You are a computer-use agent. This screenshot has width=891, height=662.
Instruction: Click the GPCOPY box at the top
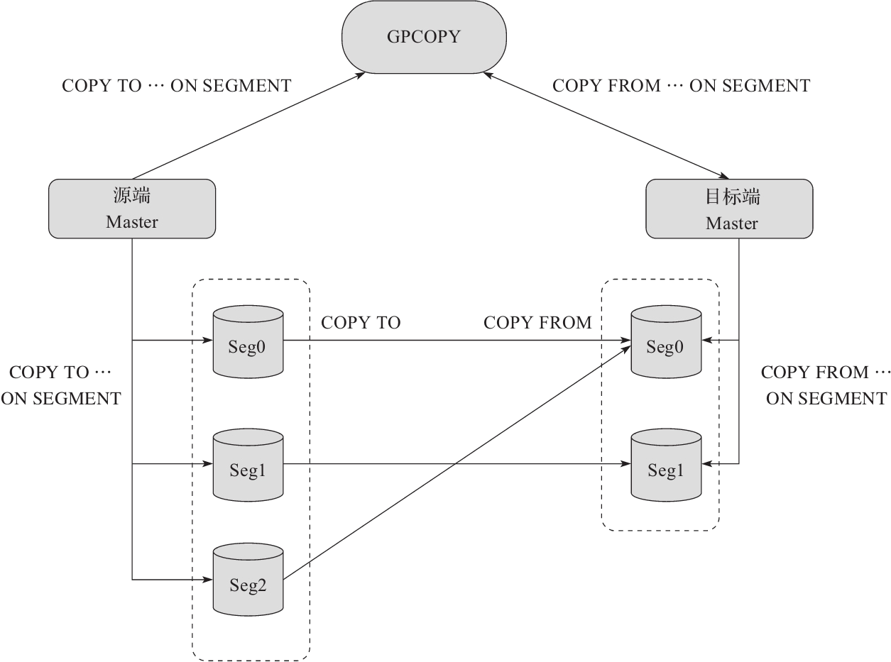[424, 37]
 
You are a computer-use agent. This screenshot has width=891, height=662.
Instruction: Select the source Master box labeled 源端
[132, 209]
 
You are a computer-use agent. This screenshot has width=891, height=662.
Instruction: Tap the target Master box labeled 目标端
[729, 209]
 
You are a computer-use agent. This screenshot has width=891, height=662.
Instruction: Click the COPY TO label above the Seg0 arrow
[361, 323]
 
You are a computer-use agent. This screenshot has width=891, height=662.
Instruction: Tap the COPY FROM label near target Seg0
[537, 323]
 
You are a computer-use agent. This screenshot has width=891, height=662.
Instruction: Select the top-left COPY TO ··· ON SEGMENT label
[177, 86]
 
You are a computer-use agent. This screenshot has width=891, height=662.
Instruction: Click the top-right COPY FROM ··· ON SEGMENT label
[681, 86]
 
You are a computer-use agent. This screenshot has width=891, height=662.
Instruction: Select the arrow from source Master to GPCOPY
[248, 124]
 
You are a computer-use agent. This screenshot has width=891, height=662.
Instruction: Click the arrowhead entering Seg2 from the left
[209, 580]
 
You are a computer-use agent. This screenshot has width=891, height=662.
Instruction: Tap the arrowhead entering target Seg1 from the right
[707, 464]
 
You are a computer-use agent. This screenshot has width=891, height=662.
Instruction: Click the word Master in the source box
[132, 222]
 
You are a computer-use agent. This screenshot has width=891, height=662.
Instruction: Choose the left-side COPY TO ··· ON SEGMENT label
[61, 385]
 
